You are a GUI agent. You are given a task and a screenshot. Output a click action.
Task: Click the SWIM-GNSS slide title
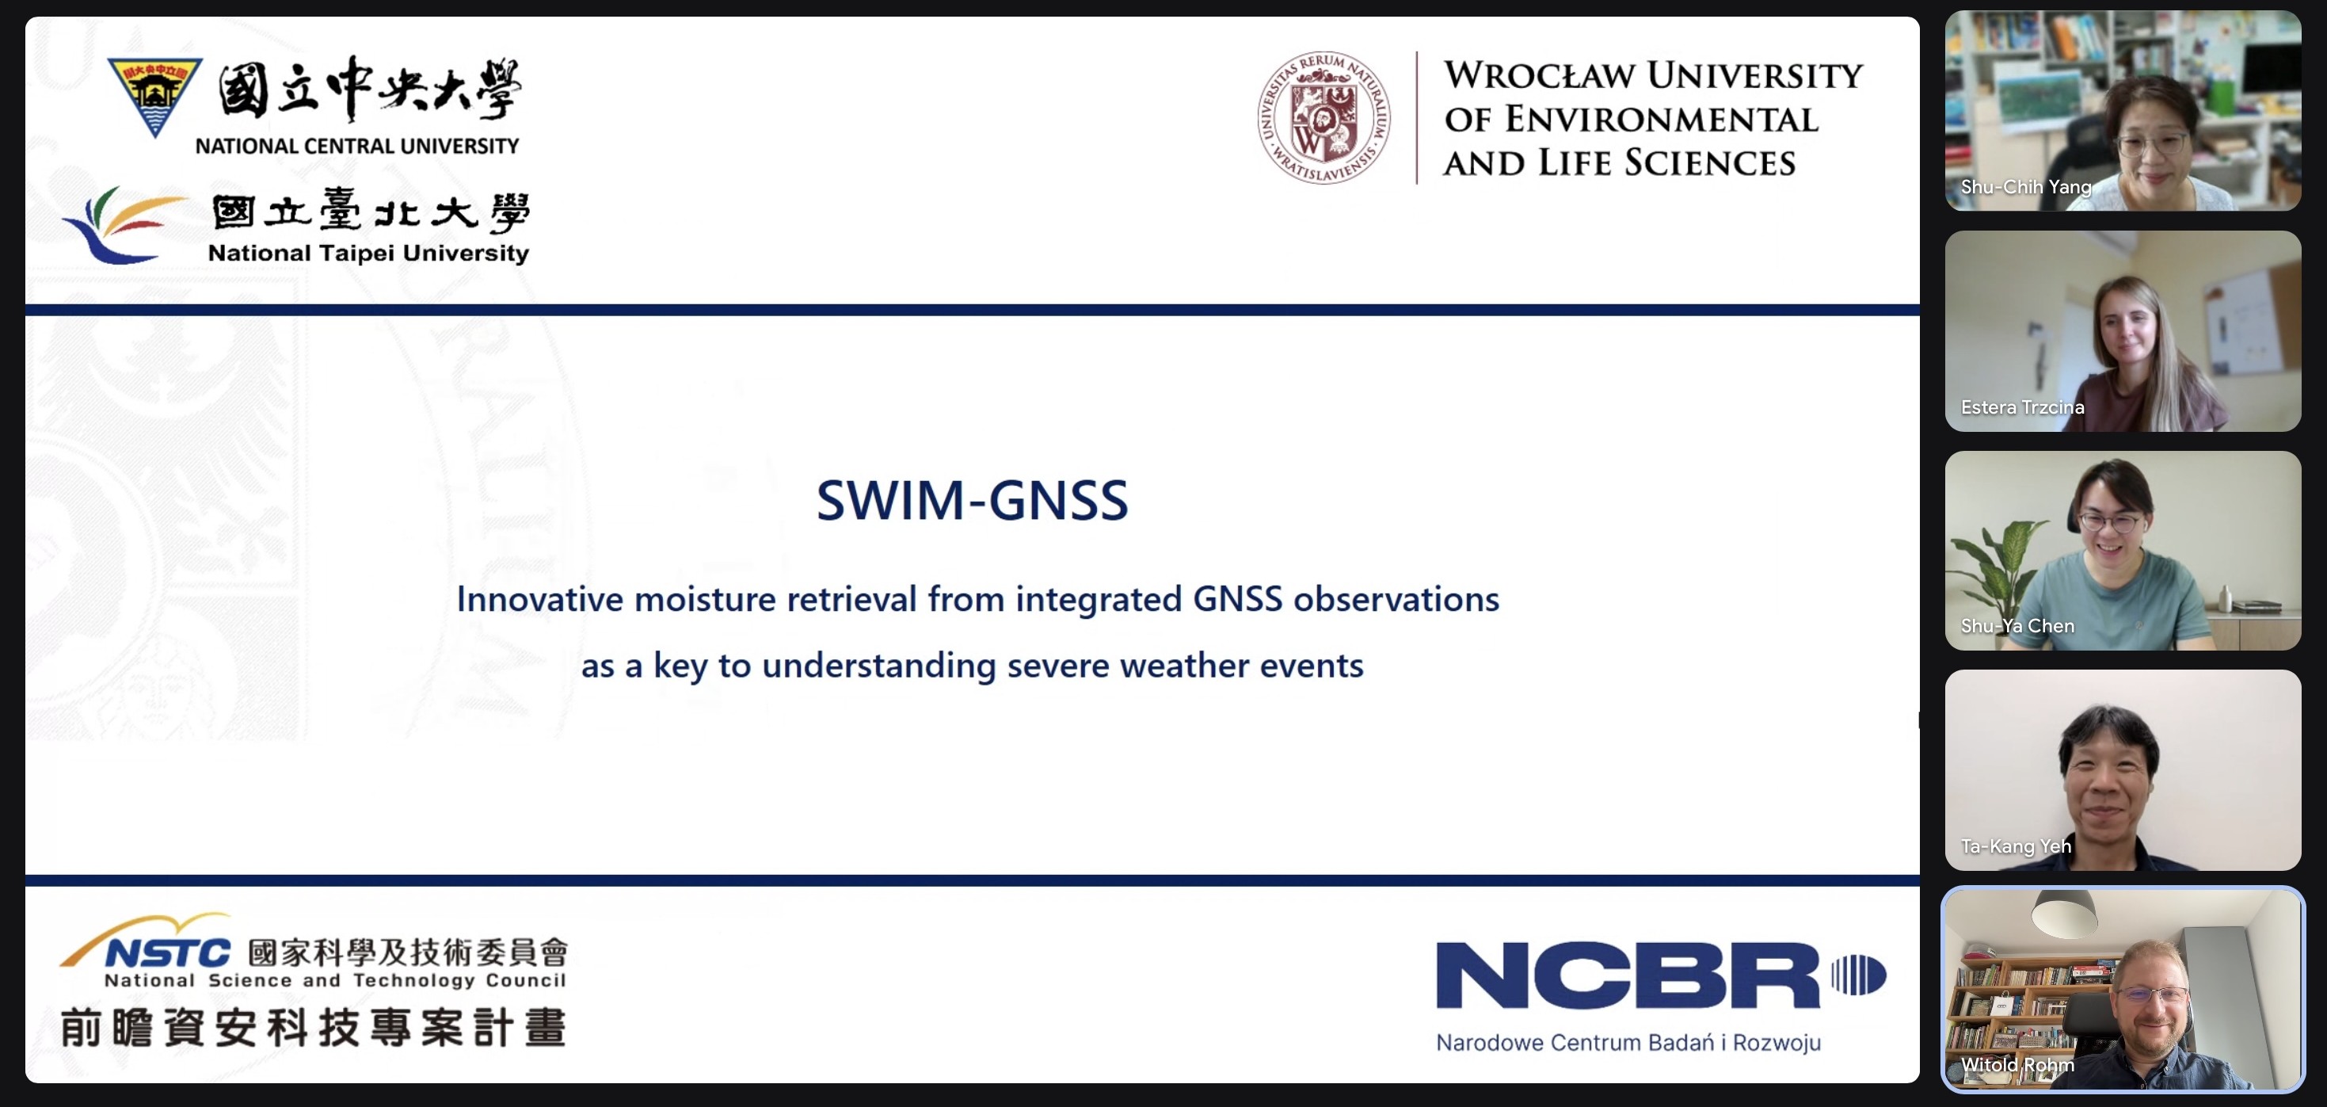click(972, 500)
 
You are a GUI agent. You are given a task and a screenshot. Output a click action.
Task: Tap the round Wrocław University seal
click(1323, 117)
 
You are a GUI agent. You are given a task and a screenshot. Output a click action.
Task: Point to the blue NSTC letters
click(168, 952)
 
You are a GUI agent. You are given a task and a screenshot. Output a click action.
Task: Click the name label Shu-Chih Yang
click(2025, 187)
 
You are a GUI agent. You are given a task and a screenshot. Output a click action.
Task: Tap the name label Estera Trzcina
click(2023, 407)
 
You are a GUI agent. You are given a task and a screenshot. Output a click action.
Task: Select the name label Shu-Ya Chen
click(2017, 625)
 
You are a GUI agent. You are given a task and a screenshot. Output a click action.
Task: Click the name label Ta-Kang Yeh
click(2016, 846)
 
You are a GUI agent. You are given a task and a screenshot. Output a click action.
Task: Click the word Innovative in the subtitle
click(539, 599)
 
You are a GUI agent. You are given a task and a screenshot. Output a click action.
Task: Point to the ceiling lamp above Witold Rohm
click(2064, 912)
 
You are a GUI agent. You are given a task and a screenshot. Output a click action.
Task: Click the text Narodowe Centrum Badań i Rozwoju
click(1628, 1042)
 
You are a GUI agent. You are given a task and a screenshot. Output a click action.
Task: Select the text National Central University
click(357, 146)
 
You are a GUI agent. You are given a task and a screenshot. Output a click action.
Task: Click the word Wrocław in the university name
click(1541, 75)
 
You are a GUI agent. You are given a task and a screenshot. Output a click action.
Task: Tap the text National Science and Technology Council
click(335, 980)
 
